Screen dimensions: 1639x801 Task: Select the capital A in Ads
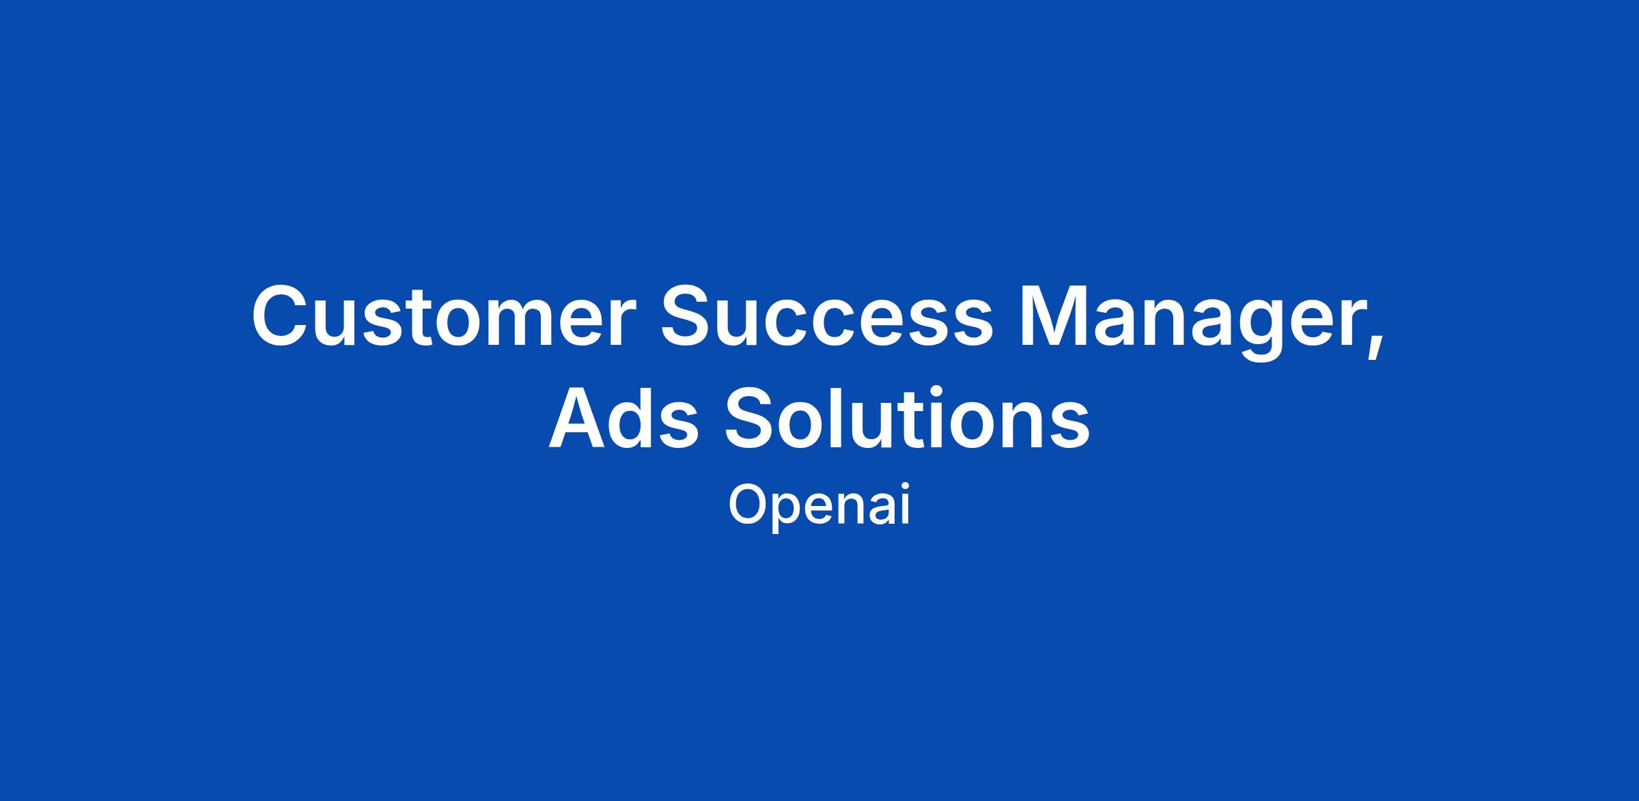click(x=580, y=416)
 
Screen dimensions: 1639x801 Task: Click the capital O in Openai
click(x=750, y=505)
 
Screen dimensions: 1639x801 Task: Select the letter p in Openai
click(x=795, y=514)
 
